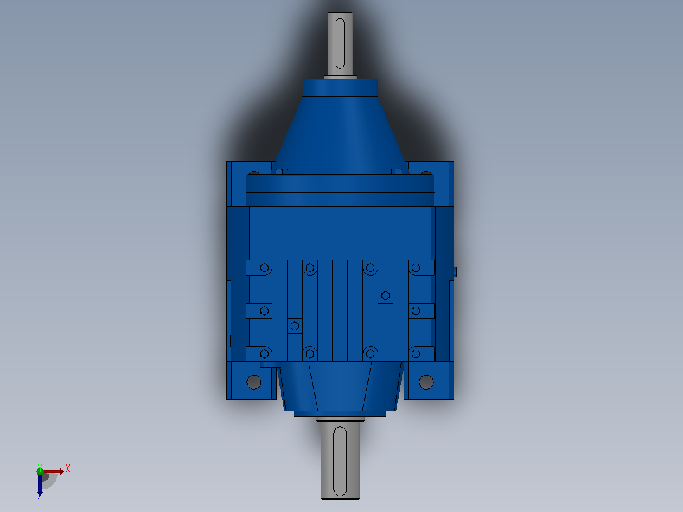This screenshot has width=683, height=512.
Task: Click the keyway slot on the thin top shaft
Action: pyautogui.click(x=340, y=44)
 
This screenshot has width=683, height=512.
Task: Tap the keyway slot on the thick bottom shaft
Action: pyautogui.click(x=340, y=461)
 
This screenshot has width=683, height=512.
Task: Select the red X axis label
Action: pyautogui.click(x=68, y=469)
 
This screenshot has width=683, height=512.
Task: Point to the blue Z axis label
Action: pyautogui.click(x=40, y=496)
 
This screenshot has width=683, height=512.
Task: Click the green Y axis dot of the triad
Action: pyautogui.click(x=40, y=471)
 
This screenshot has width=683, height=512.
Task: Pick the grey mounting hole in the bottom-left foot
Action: pyautogui.click(x=253, y=382)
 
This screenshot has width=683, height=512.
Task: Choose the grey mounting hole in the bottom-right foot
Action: pyautogui.click(x=426, y=382)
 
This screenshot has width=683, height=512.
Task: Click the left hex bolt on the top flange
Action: pyautogui.click(x=282, y=171)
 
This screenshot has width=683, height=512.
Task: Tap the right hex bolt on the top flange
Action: pyautogui.click(x=398, y=171)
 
